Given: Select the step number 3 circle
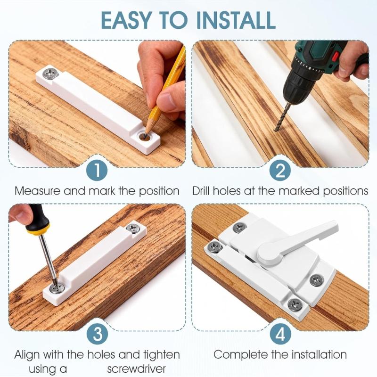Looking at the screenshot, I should pos(96,334).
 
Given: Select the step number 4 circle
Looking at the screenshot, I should pos(280,334).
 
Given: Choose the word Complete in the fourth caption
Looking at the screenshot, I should pos(238,354).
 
